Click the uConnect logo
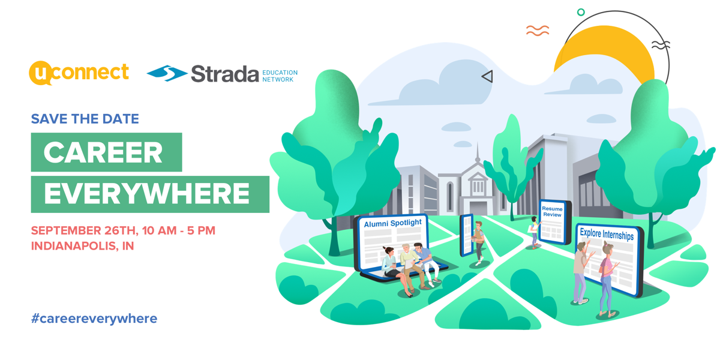pyautogui.click(x=79, y=73)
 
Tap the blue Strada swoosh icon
pyautogui.click(x=167, y=73)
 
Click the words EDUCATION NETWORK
pyautogui.click(x=280, y=76)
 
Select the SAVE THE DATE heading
pyautogui.click(x=85, y=119)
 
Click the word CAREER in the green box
pyautogui.click(x=103, y=152)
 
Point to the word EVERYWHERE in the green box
pyautogui.click(x=147, y=194)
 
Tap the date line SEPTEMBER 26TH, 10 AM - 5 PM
pyautogui.click(x=123, y=230)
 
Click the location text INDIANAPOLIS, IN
pyautogui.click(x=82, y=246)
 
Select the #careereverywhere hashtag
pyautogui.click(x=94, y=319)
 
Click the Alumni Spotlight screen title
pyautogui.click(x=393, y=223)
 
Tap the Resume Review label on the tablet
pyautogui.click(x=552, y=212)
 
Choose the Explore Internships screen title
pyautogui.click(x=606, y=234)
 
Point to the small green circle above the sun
pyautogui.click(x=580, y=12)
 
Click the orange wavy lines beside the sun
pyautogui.click(x=537, y=31)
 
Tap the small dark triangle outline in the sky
pyautogui.click(x=487, y=76)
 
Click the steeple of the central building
pyautogui.click(x=478, y=154)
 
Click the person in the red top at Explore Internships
pyautogui.click(x=607, y=279)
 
